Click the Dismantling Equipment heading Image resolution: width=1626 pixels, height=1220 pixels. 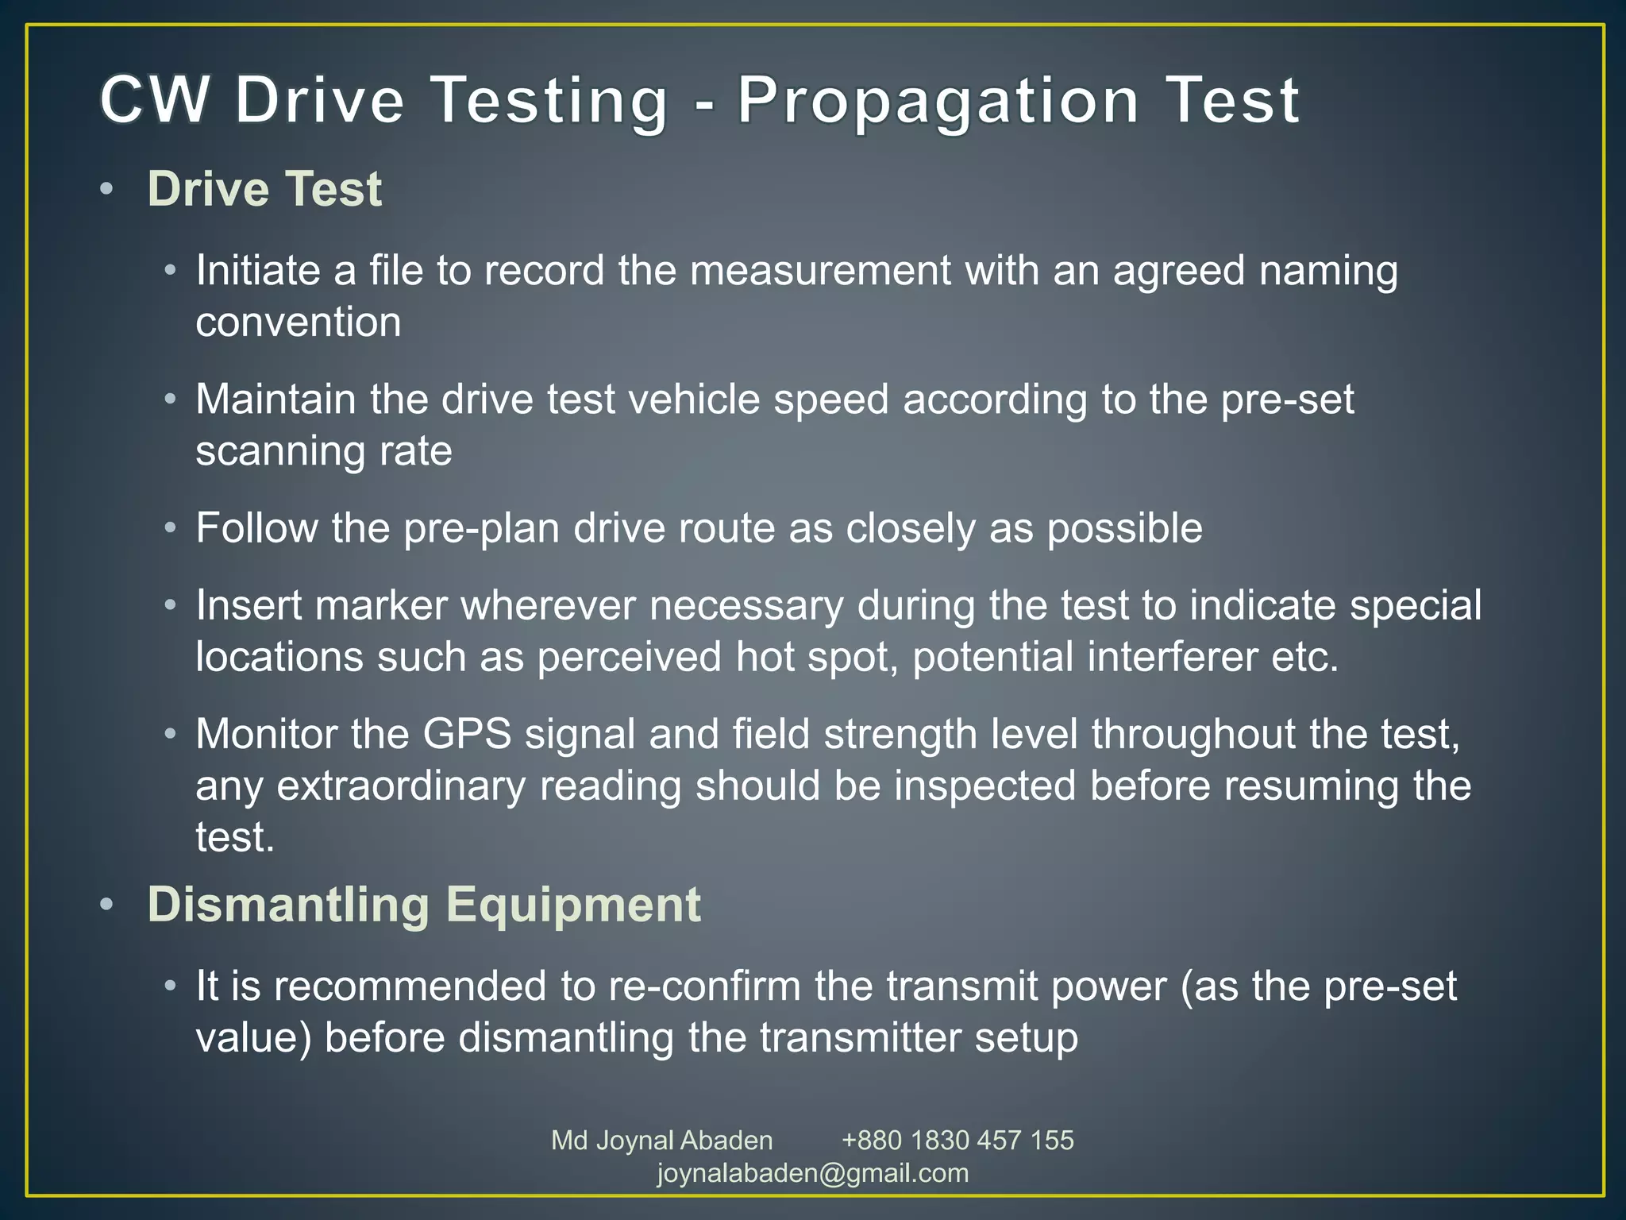click(x=424, y=905)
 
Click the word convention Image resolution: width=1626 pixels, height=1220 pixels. click(x=299, y=322)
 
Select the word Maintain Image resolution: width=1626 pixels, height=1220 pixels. click(x=275, y=400)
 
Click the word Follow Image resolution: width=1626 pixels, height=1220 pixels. click(x=256, y=528)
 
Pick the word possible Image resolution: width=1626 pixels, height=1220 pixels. click(x=1124, y=528)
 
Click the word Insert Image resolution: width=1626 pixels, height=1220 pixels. click(x=249, y=605)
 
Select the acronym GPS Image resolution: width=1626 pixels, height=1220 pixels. click(x=467, y=734)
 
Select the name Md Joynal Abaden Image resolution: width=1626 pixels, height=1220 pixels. click(x=661, y=1141)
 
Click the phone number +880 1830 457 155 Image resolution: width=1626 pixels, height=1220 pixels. click(x=957, y=1141)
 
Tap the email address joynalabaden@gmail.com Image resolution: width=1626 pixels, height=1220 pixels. click(x=813, y=1173)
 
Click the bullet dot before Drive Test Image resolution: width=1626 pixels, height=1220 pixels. click(x=107, y=190)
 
